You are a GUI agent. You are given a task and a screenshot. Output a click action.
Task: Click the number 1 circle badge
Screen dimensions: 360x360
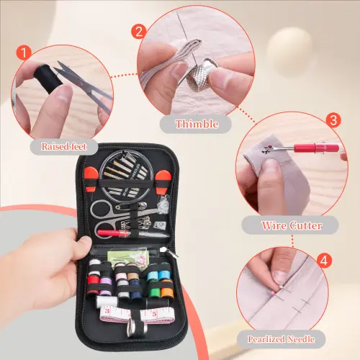[x=24, y=53]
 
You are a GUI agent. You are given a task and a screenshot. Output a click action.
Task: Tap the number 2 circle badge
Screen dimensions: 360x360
[x=139, y=32]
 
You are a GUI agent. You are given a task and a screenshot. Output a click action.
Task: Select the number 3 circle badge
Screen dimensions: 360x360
[x=333, y=120]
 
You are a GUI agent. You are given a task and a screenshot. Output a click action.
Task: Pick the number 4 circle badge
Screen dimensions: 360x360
[x=324, y=261]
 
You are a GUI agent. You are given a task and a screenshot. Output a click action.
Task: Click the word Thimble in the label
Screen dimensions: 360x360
[x=197, y=124]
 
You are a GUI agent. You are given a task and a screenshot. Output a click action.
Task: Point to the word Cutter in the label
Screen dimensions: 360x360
[x=306, y=225]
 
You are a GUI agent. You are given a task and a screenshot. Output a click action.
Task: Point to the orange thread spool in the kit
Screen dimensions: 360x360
[x=167, y=291]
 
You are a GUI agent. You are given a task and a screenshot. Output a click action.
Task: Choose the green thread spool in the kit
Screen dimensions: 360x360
[x=154, y=292]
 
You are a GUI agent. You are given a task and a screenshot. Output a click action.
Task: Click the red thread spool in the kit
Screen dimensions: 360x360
[x=93, y=284]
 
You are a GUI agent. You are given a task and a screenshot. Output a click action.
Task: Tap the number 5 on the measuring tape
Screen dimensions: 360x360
[x=154, y=314]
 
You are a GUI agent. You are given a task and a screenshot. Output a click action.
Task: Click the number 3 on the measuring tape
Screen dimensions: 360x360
[x=107, y=311]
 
